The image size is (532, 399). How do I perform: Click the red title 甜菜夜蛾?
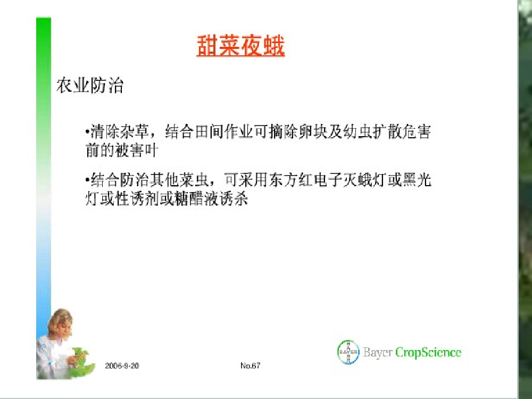[240, 46]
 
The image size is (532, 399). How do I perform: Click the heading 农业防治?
[90, 85]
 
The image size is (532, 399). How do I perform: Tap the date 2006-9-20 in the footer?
[122, 366]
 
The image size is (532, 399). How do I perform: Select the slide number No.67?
[251, 365]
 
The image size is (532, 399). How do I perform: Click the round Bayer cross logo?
[348, 352]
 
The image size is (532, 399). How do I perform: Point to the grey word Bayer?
[378, 352]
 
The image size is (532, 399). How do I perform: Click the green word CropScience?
[428, 352]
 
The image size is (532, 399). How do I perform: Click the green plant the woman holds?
[81, 361]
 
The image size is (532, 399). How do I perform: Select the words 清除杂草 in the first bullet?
[120, 131]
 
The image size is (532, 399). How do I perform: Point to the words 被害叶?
[136, 151]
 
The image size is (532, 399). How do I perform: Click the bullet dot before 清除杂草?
[88, 131]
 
